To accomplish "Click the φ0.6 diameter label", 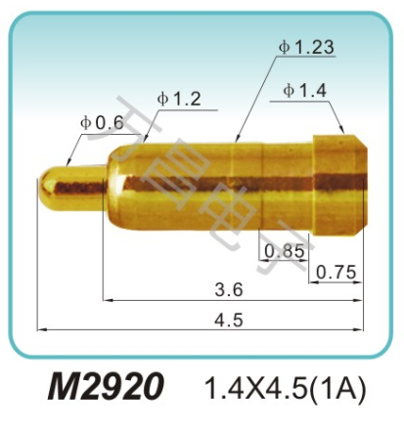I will point(102,122).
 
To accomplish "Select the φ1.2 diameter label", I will point(178,99).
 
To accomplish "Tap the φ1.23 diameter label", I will point(306,46).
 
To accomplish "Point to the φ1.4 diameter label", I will point(304,91).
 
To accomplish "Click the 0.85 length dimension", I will point(285,251).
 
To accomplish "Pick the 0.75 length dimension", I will point(337,273).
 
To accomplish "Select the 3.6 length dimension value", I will point(229,289).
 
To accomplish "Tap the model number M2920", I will point(107,387).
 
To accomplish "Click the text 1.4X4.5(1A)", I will point(284,388).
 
